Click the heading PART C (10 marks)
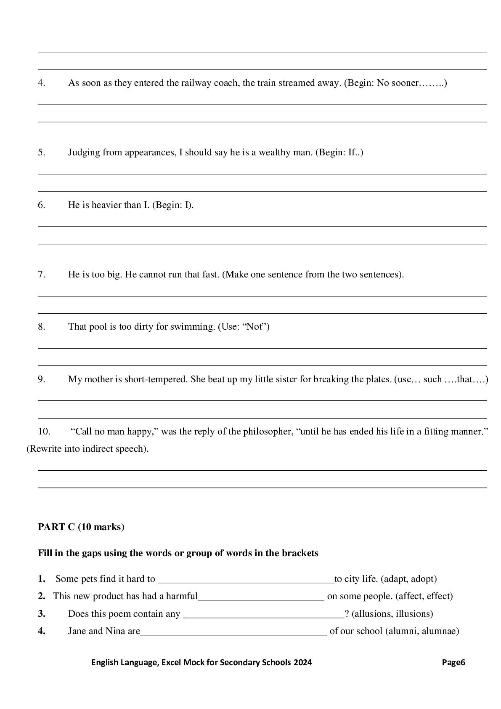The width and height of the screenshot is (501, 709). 81,527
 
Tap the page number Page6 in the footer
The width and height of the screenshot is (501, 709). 453,662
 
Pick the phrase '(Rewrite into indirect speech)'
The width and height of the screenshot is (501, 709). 87,449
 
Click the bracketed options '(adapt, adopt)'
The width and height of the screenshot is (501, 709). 408,579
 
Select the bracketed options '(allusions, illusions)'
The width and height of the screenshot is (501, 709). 392,614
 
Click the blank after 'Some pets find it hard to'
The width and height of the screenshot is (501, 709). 246,580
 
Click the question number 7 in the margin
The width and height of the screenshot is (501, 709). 41,275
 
